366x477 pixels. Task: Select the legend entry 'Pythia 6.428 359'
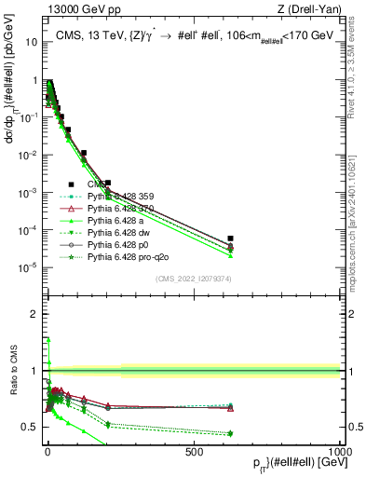pos(125,196)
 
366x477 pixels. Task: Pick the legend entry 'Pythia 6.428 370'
pos(125,208)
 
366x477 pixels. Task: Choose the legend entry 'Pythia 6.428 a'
pos(119,220)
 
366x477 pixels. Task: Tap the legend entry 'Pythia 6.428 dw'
pos(122,232)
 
